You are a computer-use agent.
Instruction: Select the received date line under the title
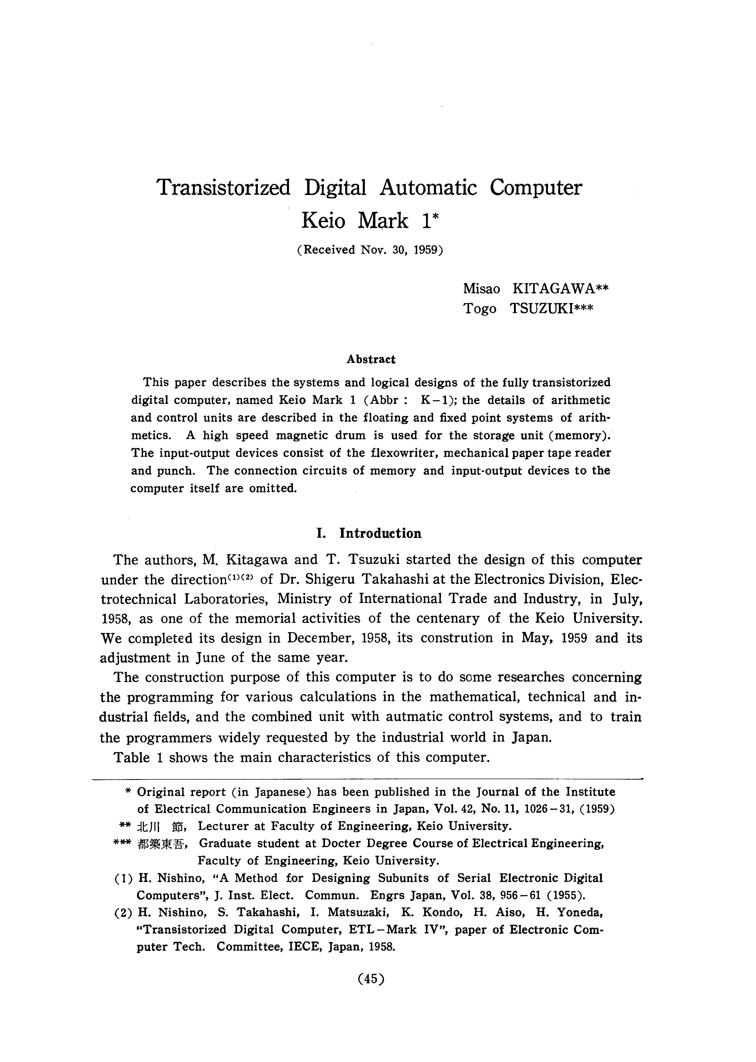(x=370, y=250)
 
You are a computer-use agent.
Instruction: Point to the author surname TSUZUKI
(x=552, y=309)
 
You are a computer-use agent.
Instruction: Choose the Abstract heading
(x=371, y=359)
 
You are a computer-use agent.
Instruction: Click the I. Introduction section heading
(x=369, y=533)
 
